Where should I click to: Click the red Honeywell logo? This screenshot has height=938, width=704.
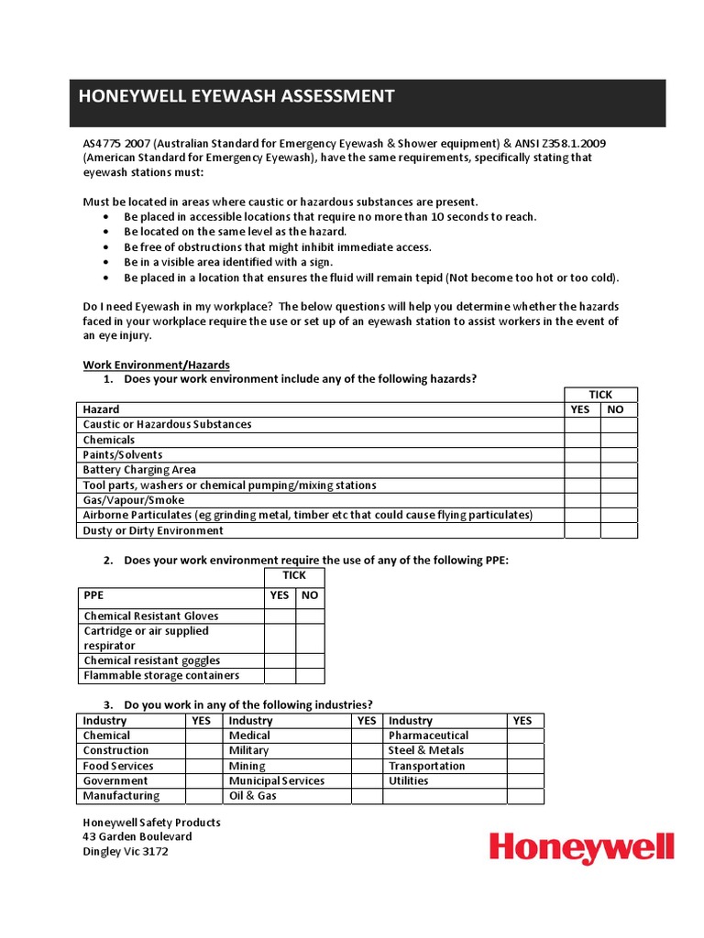pyautogui.click(x=581, y=848)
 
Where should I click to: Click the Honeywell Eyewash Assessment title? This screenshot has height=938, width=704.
pyautogui.click(x=236, y=96)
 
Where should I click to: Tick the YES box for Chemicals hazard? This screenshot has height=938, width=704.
pyautogui.click(x=581, y=440)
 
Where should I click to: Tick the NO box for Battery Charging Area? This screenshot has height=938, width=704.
pyautogui.click(x=618, y=470)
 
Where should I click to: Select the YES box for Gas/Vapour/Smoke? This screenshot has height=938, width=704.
pyautogui.click(x=581, y=500)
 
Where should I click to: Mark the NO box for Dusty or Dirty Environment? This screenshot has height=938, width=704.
pyautogui.click(x=618, y=530)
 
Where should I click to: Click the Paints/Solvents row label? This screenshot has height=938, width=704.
pyautogui.click(x=123, y=455)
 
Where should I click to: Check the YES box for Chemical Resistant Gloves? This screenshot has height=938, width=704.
pyautogui.click(x=280, y=616)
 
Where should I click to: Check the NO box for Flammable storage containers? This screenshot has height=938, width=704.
pyautogui.click(x=310, y=676)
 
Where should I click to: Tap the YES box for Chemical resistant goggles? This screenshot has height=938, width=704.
pyautogui.click(x=280, y=660)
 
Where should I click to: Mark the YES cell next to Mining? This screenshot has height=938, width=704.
pyautogui.click(x=368, y=766)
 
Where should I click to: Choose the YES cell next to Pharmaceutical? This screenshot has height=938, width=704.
pyautogui.click(x=523, y=736)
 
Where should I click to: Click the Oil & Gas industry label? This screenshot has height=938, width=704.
pyautogui.click(x=253, y=796)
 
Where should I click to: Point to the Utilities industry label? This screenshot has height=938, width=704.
pyautogui.click(x=409, y=781)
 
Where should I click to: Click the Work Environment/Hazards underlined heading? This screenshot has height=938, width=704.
pyautogui.click(x=156, y=365)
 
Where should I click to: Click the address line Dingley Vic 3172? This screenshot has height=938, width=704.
pyautogui.click(x=126, y=852)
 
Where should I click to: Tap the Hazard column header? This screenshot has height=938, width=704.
pyautogui.click(x=101, y=409)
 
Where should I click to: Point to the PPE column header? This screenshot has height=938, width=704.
pyautogui.click(x=94, y=594)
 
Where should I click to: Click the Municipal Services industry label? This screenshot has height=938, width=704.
pyautogui.click(x=277, y=781)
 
